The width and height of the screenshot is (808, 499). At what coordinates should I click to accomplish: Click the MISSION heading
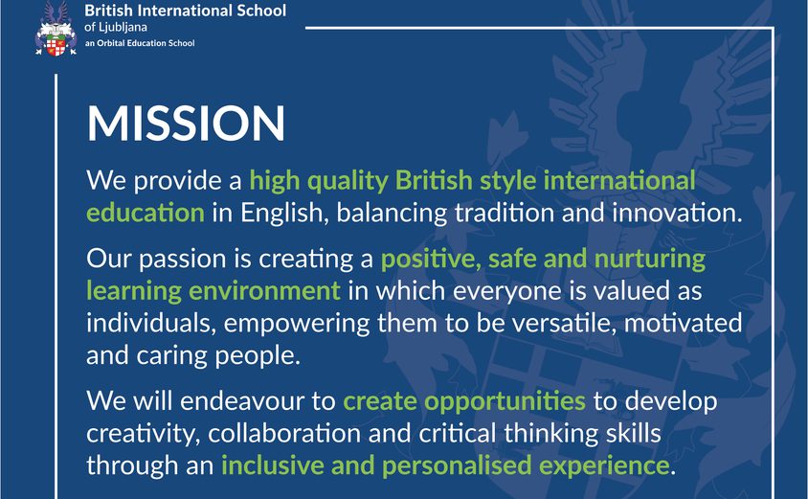coord(186,125)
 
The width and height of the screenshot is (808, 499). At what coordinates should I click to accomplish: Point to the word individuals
coord(149,323)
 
